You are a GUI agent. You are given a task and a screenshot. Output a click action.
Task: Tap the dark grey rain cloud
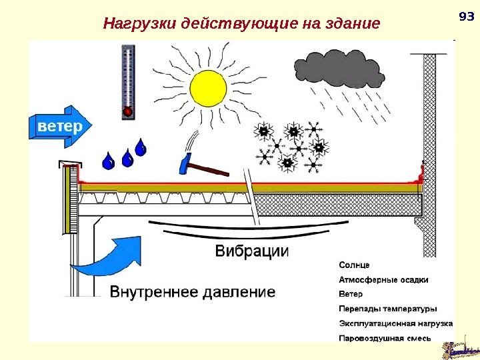coord(339,69)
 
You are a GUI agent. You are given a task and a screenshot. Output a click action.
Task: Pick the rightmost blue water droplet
coord(141,147)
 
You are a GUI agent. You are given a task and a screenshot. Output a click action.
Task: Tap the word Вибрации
coord(252,251)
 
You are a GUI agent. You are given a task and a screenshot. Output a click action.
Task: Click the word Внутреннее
coord(153,292)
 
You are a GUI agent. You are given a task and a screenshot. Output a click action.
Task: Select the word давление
coord(238,292)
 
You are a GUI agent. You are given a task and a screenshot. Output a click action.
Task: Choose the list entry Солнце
coord(355,264)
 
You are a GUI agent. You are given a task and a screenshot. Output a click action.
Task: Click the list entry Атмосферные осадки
coord(384,279)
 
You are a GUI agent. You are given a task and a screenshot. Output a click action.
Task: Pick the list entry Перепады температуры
coord(388,309)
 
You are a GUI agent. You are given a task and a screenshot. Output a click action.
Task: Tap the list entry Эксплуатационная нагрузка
coord(396,323)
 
